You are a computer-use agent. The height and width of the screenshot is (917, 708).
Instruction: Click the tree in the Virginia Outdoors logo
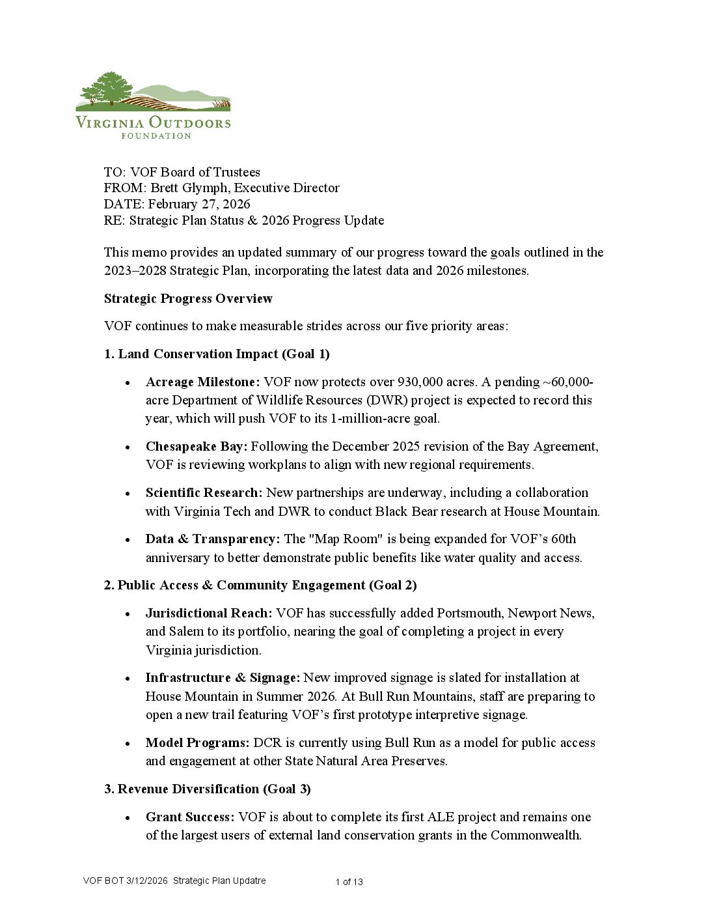pos(111,87)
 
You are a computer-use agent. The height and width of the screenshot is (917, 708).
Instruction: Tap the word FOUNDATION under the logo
pos(156,135)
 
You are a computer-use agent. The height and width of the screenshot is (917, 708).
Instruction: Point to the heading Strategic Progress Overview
pos(188,299)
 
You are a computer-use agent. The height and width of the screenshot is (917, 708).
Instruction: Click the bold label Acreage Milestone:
pos(202,382)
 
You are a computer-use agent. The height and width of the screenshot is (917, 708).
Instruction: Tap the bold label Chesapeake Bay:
pos(197,447)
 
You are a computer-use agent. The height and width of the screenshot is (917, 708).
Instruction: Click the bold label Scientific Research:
pos(204,493)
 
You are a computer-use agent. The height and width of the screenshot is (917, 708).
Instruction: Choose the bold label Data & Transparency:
pos(213,539)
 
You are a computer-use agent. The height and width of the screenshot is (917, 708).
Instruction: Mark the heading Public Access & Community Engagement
pos(241,585)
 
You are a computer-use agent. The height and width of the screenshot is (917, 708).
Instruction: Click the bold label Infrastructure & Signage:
pos(223,678)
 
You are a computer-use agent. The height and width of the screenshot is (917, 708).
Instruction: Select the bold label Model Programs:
pos(197,743)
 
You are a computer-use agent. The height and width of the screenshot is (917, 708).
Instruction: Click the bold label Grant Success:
pos(189,817)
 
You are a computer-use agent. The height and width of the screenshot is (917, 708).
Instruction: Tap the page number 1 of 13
pos(349,882)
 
